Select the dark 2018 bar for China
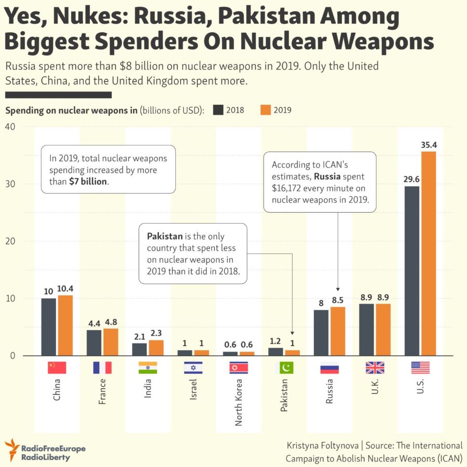coord(49,327)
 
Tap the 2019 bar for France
coord(111,342)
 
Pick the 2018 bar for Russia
coord(321,333)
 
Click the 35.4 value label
coord(429,145)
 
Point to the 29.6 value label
coord(412,179)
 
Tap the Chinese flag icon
coord(57,367)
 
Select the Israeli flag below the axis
coord(193,367)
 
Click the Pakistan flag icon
coord(284,367)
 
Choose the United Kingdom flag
coord(375,367)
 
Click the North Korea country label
coord(239,403)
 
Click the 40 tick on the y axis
coord(10,127)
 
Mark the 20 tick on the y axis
coord(10,241)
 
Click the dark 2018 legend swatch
coord(218,110)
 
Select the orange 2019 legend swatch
coord(265,110)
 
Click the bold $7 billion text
coord(88,182)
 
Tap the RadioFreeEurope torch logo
coord(12,449)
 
